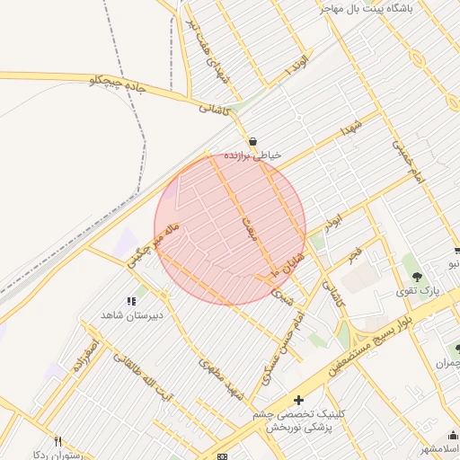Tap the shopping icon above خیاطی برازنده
(252, 142)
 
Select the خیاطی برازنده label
(253, 155)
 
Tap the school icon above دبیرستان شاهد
(131, 302)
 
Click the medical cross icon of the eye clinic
(298, 400)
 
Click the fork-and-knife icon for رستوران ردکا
(58, 441)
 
